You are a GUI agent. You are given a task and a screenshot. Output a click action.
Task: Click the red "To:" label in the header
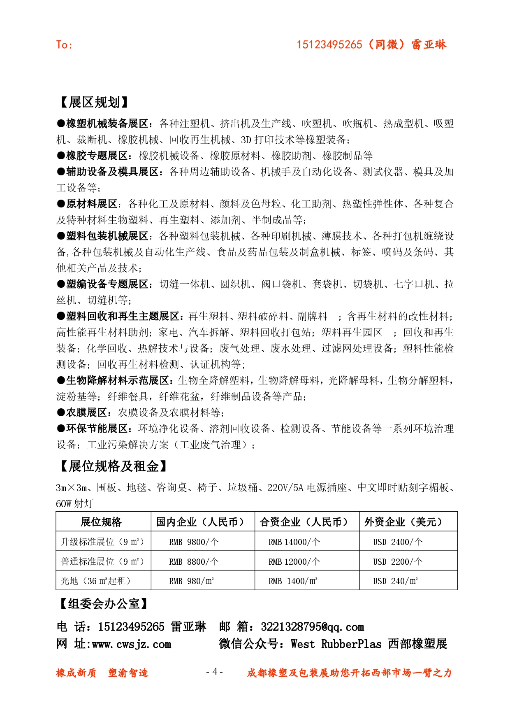click(x=64, y=44)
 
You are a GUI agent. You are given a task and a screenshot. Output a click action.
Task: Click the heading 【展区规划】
click(x=94, y=102)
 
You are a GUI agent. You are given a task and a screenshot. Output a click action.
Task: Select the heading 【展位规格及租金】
click(x=113, y=466)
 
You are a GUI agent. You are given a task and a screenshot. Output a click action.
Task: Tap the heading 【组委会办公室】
click(x=104, y=604)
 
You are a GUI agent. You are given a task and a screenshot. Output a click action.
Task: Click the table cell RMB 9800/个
click(x=194, y=542)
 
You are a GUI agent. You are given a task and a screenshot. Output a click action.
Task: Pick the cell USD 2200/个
click(x=397, y=561)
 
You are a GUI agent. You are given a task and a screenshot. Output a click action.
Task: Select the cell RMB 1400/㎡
click(x=293, y=581)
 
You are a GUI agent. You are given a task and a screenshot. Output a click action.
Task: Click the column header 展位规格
click(x=101, y=522)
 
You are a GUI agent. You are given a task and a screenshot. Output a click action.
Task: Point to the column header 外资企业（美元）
click(x=403, y=522)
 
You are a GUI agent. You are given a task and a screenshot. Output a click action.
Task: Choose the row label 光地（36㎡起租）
click(x=96, y=581)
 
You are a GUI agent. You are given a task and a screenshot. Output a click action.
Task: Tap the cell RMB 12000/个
click(x=294, y=561)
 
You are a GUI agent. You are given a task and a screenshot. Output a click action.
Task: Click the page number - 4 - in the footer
click(x=214, y=671)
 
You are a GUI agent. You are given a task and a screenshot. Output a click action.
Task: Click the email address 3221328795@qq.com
click(x=313, y=627)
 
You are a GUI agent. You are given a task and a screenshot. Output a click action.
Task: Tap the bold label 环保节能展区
click(x=97, y=429)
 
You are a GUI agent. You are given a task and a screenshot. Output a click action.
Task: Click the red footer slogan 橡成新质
click(x=76, y=673)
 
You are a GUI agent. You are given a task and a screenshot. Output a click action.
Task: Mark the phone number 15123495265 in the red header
click(x=329, y=44)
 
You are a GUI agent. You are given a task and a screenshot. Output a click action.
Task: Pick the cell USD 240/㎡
click(x=395, y=581)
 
